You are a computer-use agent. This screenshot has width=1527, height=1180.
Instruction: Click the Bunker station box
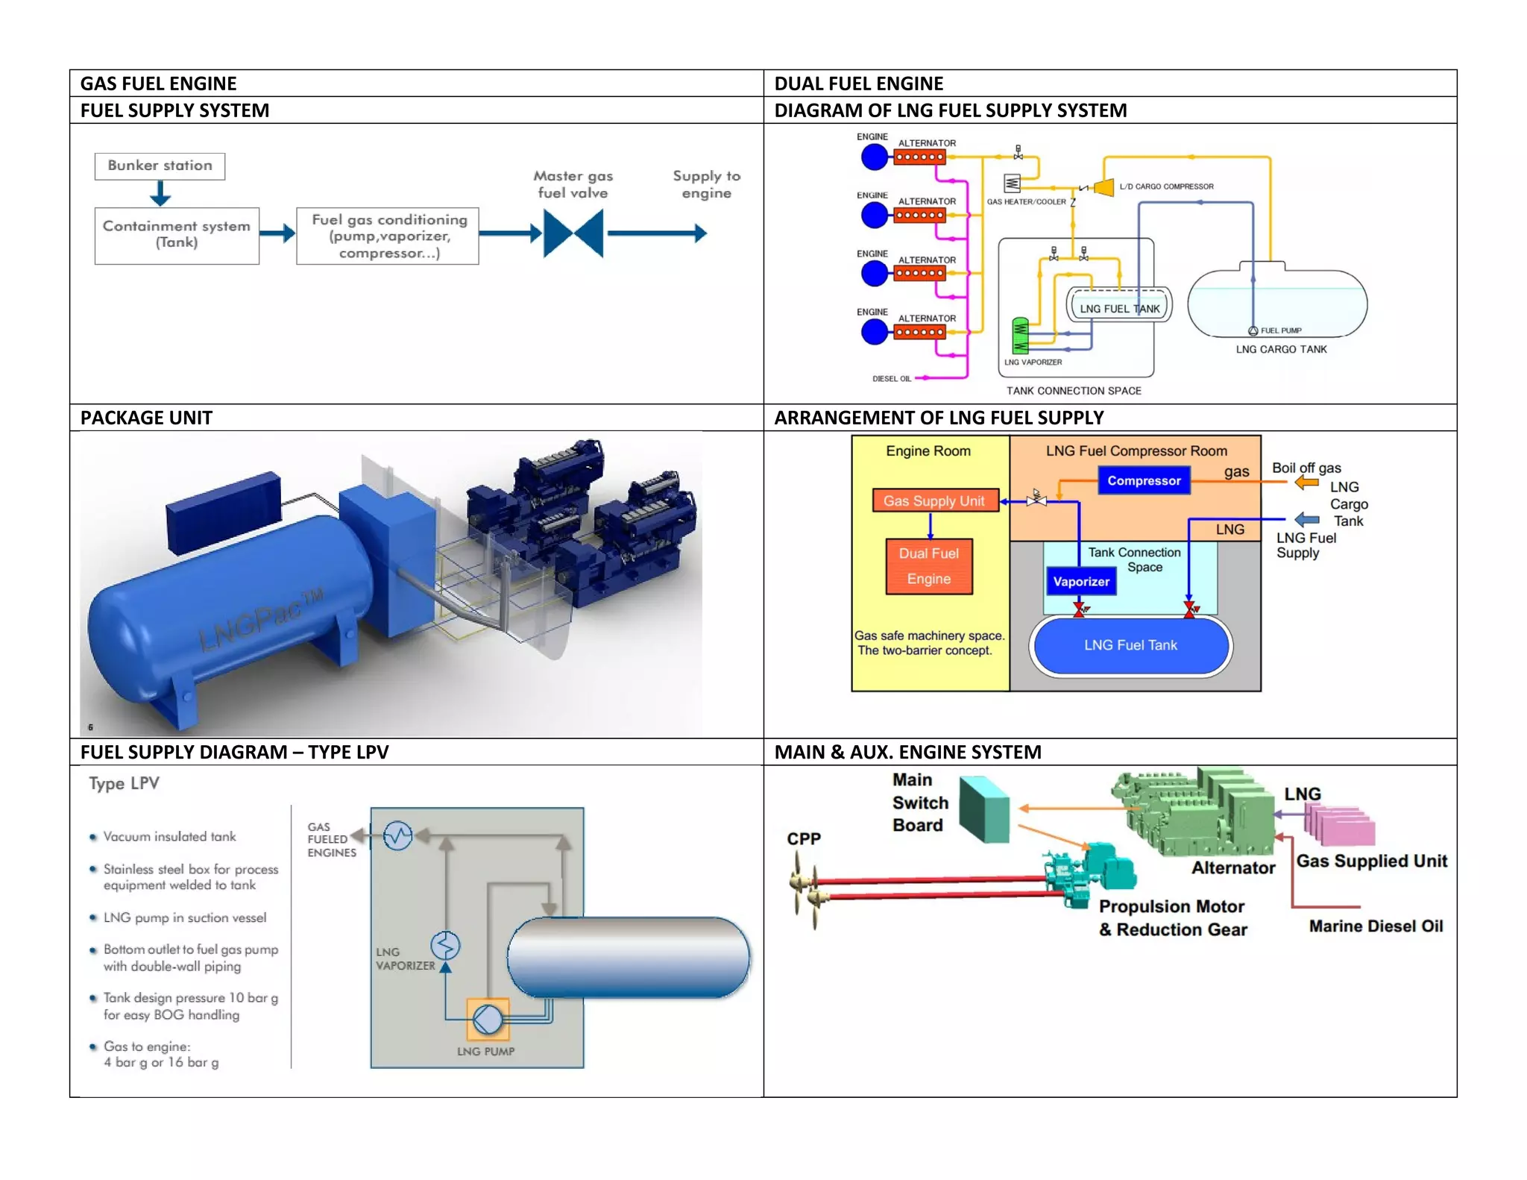[160, 166]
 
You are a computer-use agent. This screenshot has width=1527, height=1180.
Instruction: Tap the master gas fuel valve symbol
[573, 233]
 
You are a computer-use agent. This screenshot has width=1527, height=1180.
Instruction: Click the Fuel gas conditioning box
[388, 236]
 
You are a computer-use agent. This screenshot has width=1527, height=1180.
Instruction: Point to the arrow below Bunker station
[160, 193]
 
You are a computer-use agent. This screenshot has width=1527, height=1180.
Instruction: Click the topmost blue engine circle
[875, 157]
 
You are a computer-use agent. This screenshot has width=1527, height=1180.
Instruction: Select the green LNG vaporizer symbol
[1020, 336]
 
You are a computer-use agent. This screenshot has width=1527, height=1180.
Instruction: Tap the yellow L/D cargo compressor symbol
[1103, 187]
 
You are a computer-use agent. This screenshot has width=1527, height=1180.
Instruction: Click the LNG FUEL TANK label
[1119, 309]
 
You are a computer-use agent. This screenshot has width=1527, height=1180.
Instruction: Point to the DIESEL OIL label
[892, 379]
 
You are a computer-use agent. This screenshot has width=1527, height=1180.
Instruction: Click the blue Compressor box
[1144, 481]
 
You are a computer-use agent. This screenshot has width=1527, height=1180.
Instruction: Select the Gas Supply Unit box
[934, 501]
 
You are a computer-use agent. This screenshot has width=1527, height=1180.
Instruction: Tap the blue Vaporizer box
[1081, 582]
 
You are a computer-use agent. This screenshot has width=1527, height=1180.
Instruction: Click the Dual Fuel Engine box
[929, 566]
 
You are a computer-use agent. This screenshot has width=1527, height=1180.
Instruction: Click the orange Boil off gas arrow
[1306, 483]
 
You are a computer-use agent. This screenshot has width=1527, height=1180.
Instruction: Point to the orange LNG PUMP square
[488, 1019]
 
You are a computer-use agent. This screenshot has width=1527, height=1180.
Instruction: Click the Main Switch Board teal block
[984, 809]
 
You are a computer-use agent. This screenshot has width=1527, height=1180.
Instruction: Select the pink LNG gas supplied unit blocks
[1341, 826]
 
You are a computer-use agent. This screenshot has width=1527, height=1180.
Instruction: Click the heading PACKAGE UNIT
[146, 418]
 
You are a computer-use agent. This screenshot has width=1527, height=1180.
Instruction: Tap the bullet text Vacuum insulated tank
[169, 837]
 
